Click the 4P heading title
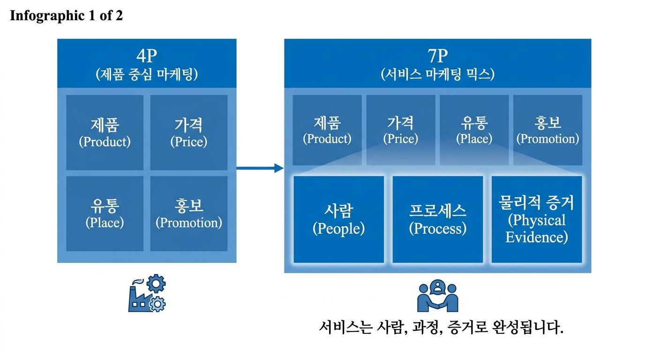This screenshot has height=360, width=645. [147, 56]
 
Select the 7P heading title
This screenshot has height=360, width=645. [437, 56]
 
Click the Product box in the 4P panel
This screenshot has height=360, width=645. [105, 133]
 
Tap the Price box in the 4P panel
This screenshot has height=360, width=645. [189, 133]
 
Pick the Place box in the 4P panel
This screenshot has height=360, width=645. [105, 214]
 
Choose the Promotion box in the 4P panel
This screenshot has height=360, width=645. [189, 214]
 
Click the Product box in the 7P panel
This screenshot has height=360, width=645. [327, 130]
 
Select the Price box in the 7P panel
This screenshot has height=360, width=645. [401, 130]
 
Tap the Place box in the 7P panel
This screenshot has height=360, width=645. [474, 130]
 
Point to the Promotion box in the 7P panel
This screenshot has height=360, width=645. [547, 130]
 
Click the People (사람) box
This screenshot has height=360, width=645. [338, 219]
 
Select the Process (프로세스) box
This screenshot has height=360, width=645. [438, 219]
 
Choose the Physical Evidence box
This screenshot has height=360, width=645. [537, 219]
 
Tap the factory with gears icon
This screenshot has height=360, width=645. [147, 293]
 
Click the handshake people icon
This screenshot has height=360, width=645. [438, 295]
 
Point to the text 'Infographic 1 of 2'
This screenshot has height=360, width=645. [66, 15]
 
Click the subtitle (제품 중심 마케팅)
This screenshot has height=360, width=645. [147, 75]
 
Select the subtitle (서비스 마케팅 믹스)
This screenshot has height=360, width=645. [437, 75]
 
